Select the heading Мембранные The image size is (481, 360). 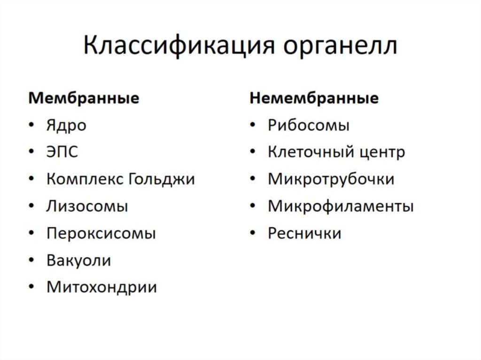(x=84, y=99)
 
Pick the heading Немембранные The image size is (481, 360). (x=314, y=99)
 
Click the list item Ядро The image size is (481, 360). (x=66, y=126)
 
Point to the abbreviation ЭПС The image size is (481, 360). (x=62, y=153)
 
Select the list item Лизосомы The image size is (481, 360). (x=87, y=207)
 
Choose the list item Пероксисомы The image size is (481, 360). (x=101, y=233)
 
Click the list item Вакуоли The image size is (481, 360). (x=78, y=260)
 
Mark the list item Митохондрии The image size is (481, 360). (x=101, y=287)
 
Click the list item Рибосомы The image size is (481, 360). (x=309, y=126)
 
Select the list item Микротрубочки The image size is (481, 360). (x=331, y=179)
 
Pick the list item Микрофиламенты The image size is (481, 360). (x=341, y=207)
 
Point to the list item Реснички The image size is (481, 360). (x=304, y=233)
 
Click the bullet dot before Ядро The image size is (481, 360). (x=31, y=126)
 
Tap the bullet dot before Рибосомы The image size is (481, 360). (x=253, y=126)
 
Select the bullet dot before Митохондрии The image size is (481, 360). (x=31, y=287)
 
